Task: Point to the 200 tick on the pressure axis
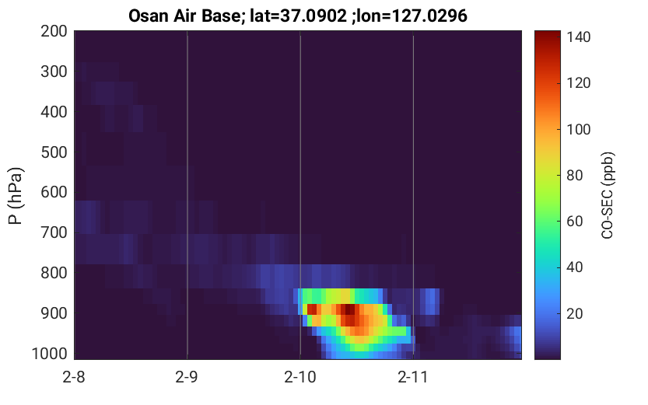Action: pos(54,31)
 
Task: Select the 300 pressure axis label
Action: pos(54,72)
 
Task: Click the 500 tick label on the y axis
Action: pos(54,153)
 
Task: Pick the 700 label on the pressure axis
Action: pos(54,233)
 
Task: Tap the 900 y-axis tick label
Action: pos(54,314)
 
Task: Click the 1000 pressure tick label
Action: pos(50,354)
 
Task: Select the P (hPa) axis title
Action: pos(16,196)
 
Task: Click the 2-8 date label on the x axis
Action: pos(74,377)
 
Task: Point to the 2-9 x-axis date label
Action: pos(187,377)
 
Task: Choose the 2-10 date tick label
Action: pos(300,377)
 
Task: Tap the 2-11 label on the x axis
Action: pos(413,377)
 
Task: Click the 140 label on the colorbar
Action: pos(579,37)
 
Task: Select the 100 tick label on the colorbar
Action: pos(579,130)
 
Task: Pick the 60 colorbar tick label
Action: pos(575,222)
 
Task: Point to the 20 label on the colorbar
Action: pos(575,314)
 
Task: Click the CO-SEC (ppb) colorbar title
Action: pos(608,196)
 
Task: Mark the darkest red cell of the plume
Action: pos(349,309)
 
